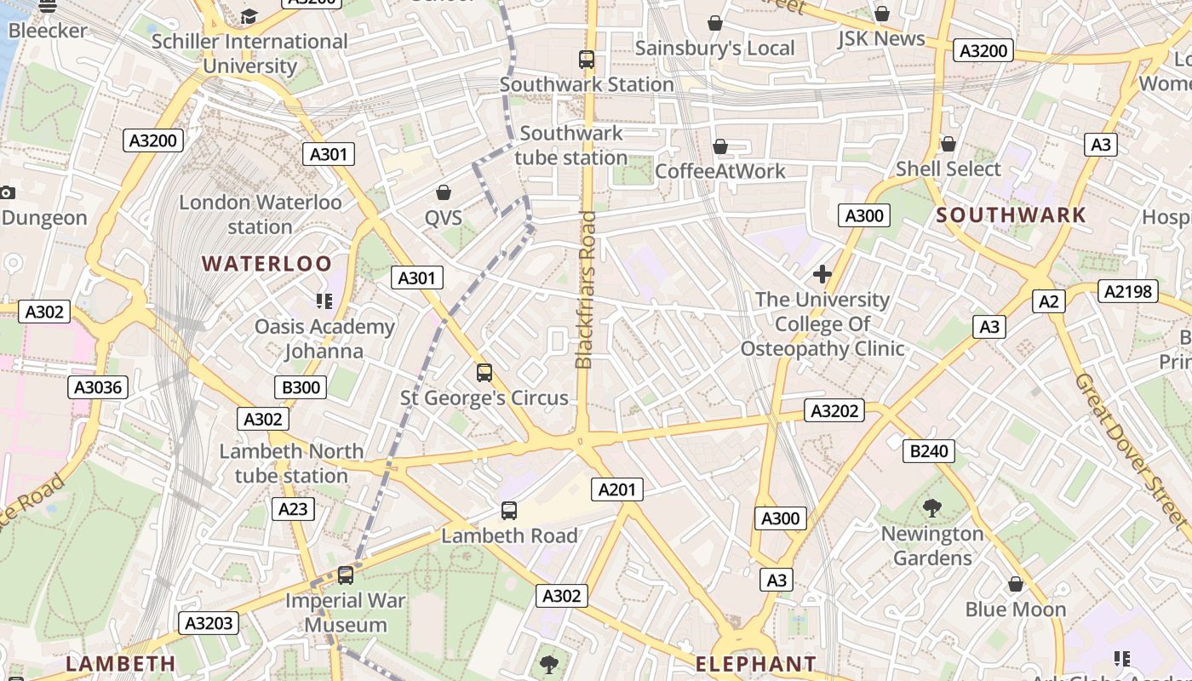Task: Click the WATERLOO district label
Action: pos(266,264)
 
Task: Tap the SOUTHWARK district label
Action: pos(1011,215)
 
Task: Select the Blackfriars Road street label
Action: pos(585,289)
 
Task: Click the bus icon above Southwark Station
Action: pos(587,60)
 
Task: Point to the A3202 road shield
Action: pos(834,411)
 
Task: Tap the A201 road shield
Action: pos(617,489)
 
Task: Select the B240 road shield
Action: pos(928,451)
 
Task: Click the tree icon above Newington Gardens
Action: pos(932,508)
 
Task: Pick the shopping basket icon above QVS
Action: pos(444,192)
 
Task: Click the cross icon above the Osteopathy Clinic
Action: pos(822,274)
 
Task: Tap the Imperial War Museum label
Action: pos(346,612)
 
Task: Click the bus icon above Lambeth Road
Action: pos(509,511)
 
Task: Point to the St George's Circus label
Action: pos(484,398)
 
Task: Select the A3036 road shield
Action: pos(98,388)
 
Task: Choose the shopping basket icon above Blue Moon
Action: pos(1015,584)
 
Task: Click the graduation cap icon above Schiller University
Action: pos(249,16)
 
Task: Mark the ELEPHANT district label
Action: pos(755,664)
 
